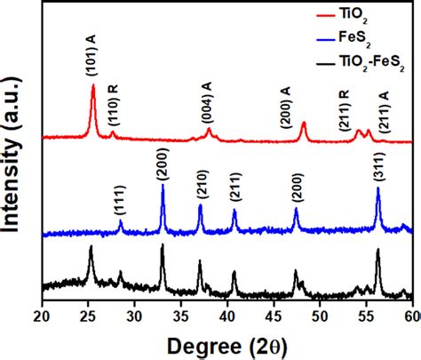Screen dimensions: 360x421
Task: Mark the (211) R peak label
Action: pos(344,110)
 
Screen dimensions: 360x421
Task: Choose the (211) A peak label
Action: pos(384,111)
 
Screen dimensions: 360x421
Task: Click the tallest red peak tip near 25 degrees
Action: pos(93,86)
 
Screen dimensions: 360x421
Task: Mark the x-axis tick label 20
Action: pos(43,316)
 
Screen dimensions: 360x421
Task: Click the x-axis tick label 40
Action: pos(226,316)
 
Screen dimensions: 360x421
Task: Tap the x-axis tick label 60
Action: pos(410,316)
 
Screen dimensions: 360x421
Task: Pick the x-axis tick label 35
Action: pos(180,316)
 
